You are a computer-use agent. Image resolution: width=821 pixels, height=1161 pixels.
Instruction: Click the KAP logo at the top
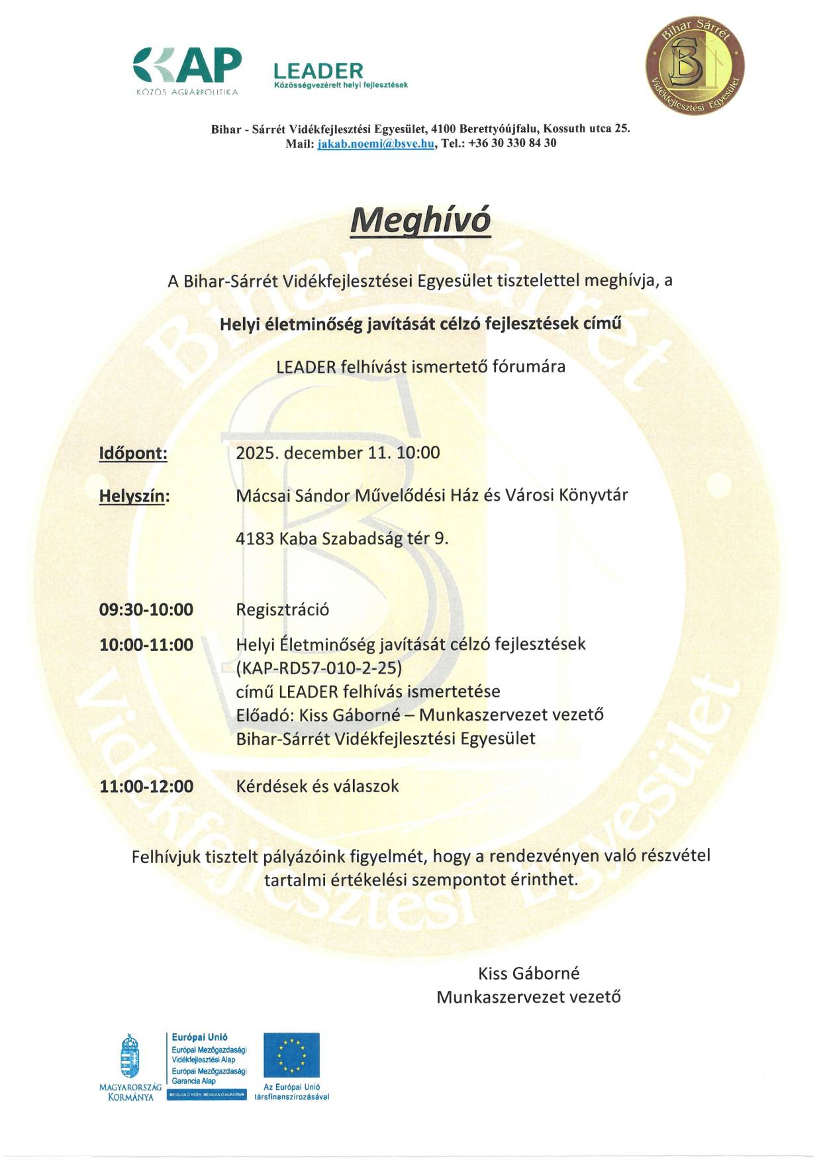click(x=187, y=68)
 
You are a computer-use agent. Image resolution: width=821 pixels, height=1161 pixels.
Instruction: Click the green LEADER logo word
click(x=318, y=71)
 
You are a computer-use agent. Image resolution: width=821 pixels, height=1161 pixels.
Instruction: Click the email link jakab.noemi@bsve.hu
click(x=376, y=143)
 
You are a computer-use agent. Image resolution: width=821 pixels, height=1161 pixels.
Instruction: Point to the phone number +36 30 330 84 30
click(x=512, y=143)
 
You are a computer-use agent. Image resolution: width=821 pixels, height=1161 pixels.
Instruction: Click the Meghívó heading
click(x=420, y=219)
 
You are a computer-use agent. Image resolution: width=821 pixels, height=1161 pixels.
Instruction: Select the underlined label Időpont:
click(x=133, y=454)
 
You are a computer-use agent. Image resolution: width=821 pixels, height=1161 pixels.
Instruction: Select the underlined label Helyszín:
click(x=134, y=496)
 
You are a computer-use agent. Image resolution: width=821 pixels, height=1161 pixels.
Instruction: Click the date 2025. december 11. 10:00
click(x=338, y=453)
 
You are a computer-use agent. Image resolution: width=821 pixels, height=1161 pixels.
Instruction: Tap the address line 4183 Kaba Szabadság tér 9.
click(x=342, y=538)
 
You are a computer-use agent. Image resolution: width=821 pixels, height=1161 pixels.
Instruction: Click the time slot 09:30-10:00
click(x=146, y=610)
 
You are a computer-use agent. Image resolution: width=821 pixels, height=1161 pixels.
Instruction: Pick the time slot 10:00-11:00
click(x=146, y=645)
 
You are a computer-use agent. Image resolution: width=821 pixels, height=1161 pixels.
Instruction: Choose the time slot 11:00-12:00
click(x=146, y=787)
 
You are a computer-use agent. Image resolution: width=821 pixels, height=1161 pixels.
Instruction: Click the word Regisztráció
click(x=283, y=610)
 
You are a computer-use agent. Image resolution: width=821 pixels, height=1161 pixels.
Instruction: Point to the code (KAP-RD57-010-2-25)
click(x=319, y=668)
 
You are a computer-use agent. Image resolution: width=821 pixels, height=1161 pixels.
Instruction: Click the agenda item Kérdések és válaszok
click(x=318, y=786)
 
